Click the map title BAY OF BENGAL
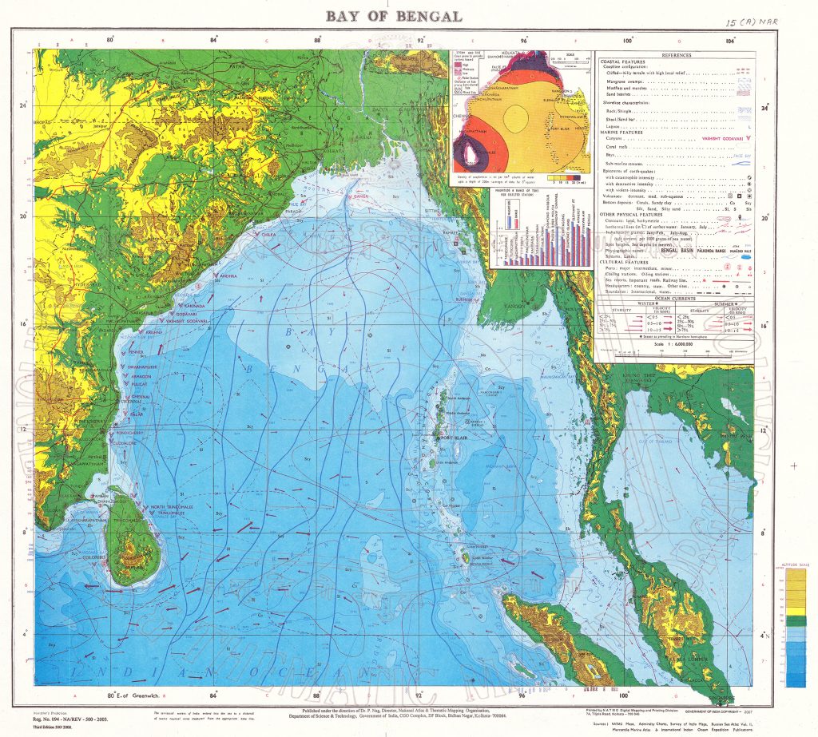pos(393,17)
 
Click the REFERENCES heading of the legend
pos(675,55)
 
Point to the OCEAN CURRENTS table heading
pos(674,298)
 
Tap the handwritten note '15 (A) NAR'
pos(752,23)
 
